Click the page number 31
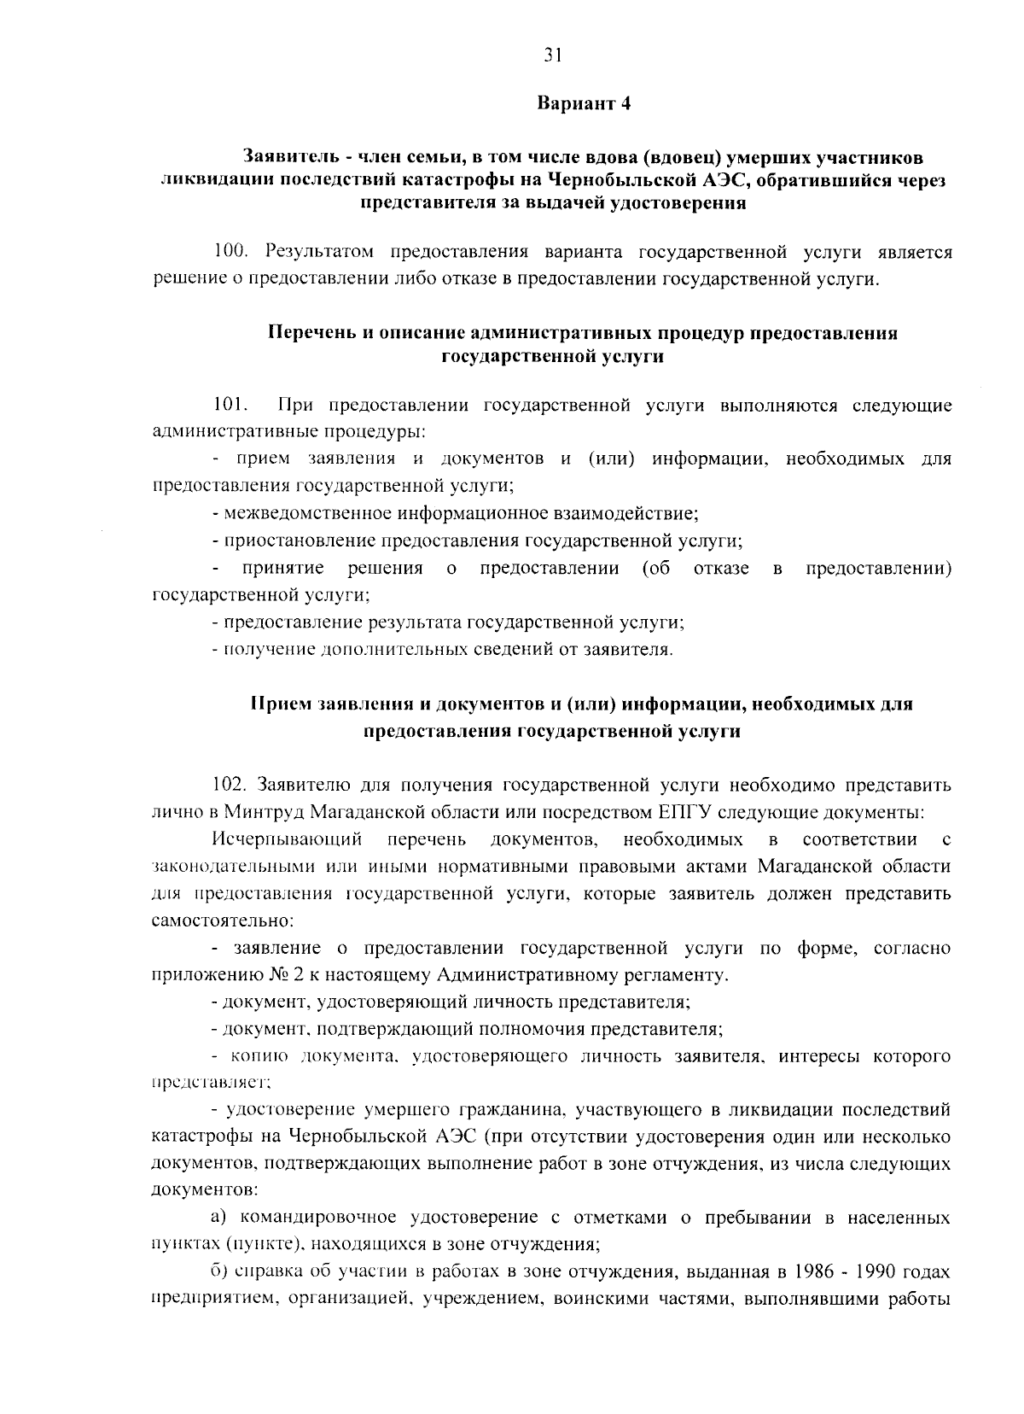[552, 56]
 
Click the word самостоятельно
[222, 921]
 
